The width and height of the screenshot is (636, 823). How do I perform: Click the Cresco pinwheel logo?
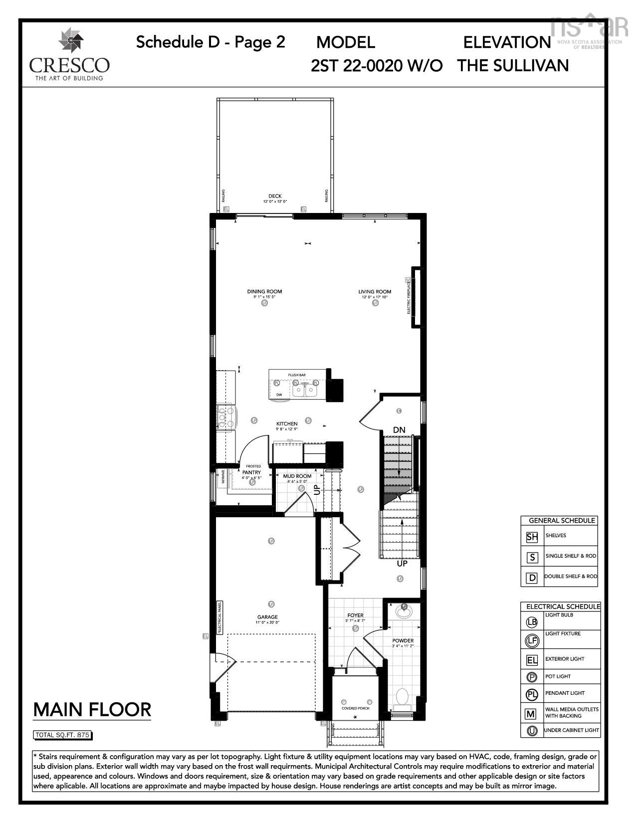tap(69, 41)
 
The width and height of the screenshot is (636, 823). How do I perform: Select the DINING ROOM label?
tap(264, 292)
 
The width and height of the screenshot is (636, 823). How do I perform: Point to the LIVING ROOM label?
tap(375, 292)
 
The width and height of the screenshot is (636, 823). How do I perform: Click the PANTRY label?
tap(251, 472)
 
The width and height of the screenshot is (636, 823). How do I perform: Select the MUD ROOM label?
tap(297, 476)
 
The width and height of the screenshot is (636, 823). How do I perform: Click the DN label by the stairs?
tap(399, 430)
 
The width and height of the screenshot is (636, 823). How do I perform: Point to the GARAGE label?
tap(267, 617)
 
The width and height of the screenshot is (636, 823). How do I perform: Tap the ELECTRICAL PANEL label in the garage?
tap(218, 617)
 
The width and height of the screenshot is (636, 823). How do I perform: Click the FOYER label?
tap(355, 616)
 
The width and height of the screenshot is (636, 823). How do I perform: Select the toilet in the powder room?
tap(402, 697)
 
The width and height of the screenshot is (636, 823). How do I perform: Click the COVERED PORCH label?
tap(355, 708)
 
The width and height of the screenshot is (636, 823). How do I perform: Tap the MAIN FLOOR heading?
tap(92, 709)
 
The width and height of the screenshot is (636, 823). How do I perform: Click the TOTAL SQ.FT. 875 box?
tap(63, 735)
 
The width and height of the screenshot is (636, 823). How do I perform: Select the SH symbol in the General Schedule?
tap(532, 537)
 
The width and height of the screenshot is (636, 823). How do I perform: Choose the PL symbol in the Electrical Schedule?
tap(532, 694)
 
